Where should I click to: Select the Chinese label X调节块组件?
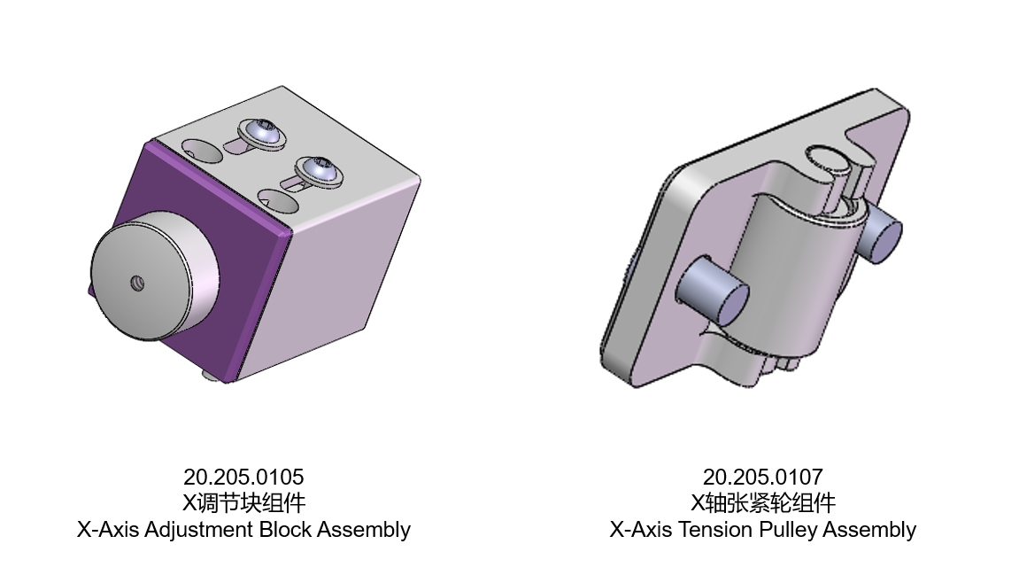tap(243, 503)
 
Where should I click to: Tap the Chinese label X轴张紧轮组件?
tap(762, 503)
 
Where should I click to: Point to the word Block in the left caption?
tap(286, 530)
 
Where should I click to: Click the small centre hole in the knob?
tap(137, 284)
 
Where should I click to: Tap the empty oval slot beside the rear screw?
tap(203, 151)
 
